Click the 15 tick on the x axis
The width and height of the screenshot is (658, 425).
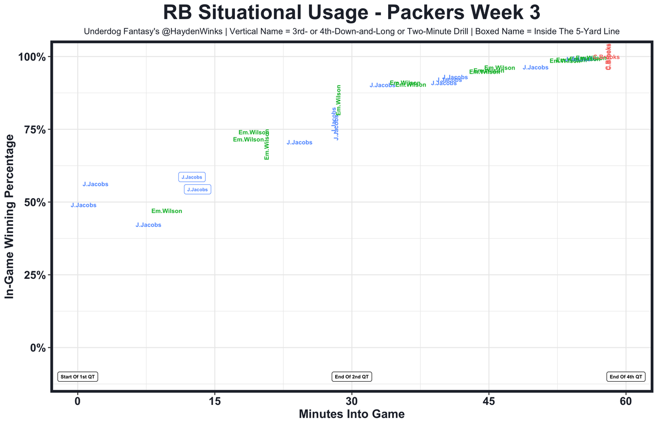pos(214,401)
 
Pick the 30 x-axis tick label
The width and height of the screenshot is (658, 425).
pos(352,401)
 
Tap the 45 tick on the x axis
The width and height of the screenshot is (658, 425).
pos(488,401)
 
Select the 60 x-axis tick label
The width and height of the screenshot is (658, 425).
pos(626,401)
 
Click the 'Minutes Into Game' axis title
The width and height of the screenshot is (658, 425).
pos(352,414)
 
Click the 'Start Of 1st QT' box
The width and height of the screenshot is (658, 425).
pos(78,377)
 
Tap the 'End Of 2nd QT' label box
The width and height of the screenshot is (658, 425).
pos(352,377)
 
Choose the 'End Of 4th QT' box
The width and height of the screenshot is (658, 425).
pos(626,377)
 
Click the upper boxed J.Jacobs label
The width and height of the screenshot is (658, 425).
pos(192,177)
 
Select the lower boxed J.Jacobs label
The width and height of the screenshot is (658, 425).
pos(197,190)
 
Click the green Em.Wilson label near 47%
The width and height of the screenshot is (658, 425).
pos(167,211)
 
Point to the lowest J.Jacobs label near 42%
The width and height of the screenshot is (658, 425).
pos(148,225)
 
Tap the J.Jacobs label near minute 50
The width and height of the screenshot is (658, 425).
pos(535,68)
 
